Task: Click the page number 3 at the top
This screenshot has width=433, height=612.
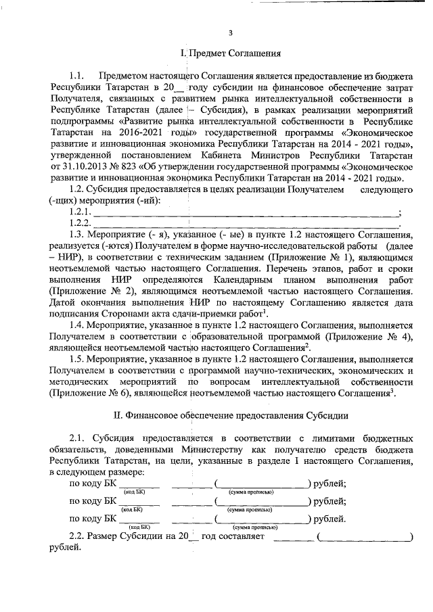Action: [x=230, y=32]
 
